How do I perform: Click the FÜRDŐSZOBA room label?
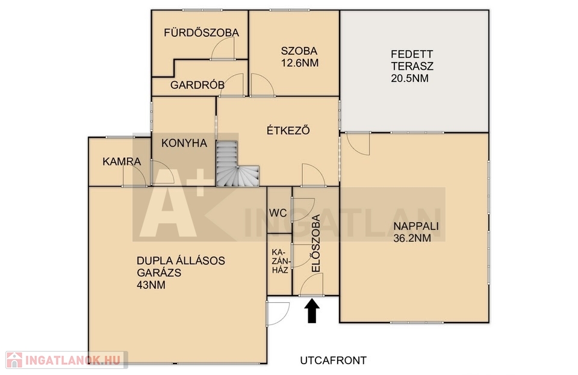pyautogui.click(x=201, y=33)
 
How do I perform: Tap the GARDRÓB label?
pyautogui.click(x=197, y=85)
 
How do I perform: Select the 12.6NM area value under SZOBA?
pyautogui.click(x=300, y=63)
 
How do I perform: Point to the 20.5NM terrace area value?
pyautogui.click(x=409, y=78)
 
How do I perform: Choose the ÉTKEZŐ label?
pyautogui.click(x=288, y=131)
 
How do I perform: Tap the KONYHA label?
pyautogui.click(x=184, y=143)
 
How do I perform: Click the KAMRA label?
pyautogui.click(x=122, y=161)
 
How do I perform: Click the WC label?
pyautogui.click(x=278, y=213)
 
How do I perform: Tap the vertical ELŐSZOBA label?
pyautogui.click(x=316, y=244)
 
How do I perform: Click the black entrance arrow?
pyautogui.click(x=312, y=311)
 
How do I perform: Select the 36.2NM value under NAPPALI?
pyautogui.click(x=412, y=238)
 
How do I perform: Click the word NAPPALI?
pyautogui.click(x=416, y=226)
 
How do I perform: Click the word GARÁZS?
pyautogui.click(x=159, y=273)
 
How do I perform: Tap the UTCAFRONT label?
pyautogui.click(x=333, y=360)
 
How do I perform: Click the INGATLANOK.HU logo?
pyautogui.click(x=67, y=360)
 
